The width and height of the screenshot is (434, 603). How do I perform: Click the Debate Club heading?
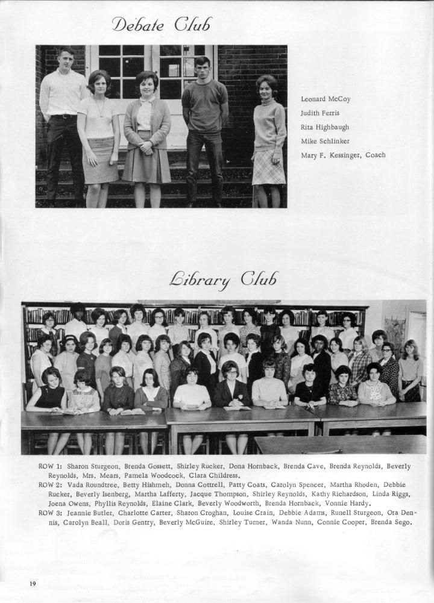pyautogui.click(x=162, y=25)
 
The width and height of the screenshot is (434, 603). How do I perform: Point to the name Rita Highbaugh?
pyautogui.click(x=324, y=127)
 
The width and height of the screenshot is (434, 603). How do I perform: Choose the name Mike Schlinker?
pyautogui.click(x=325, y=141)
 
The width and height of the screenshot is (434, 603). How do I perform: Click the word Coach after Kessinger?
pyautogui.click(x=375, y=155)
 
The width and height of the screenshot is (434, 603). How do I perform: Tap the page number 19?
pyautogui.click(x=33, y=584)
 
